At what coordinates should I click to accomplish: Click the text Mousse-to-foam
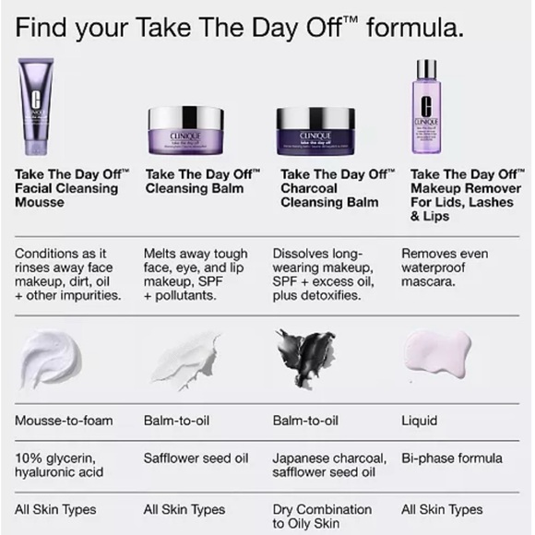tap(64, 421)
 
